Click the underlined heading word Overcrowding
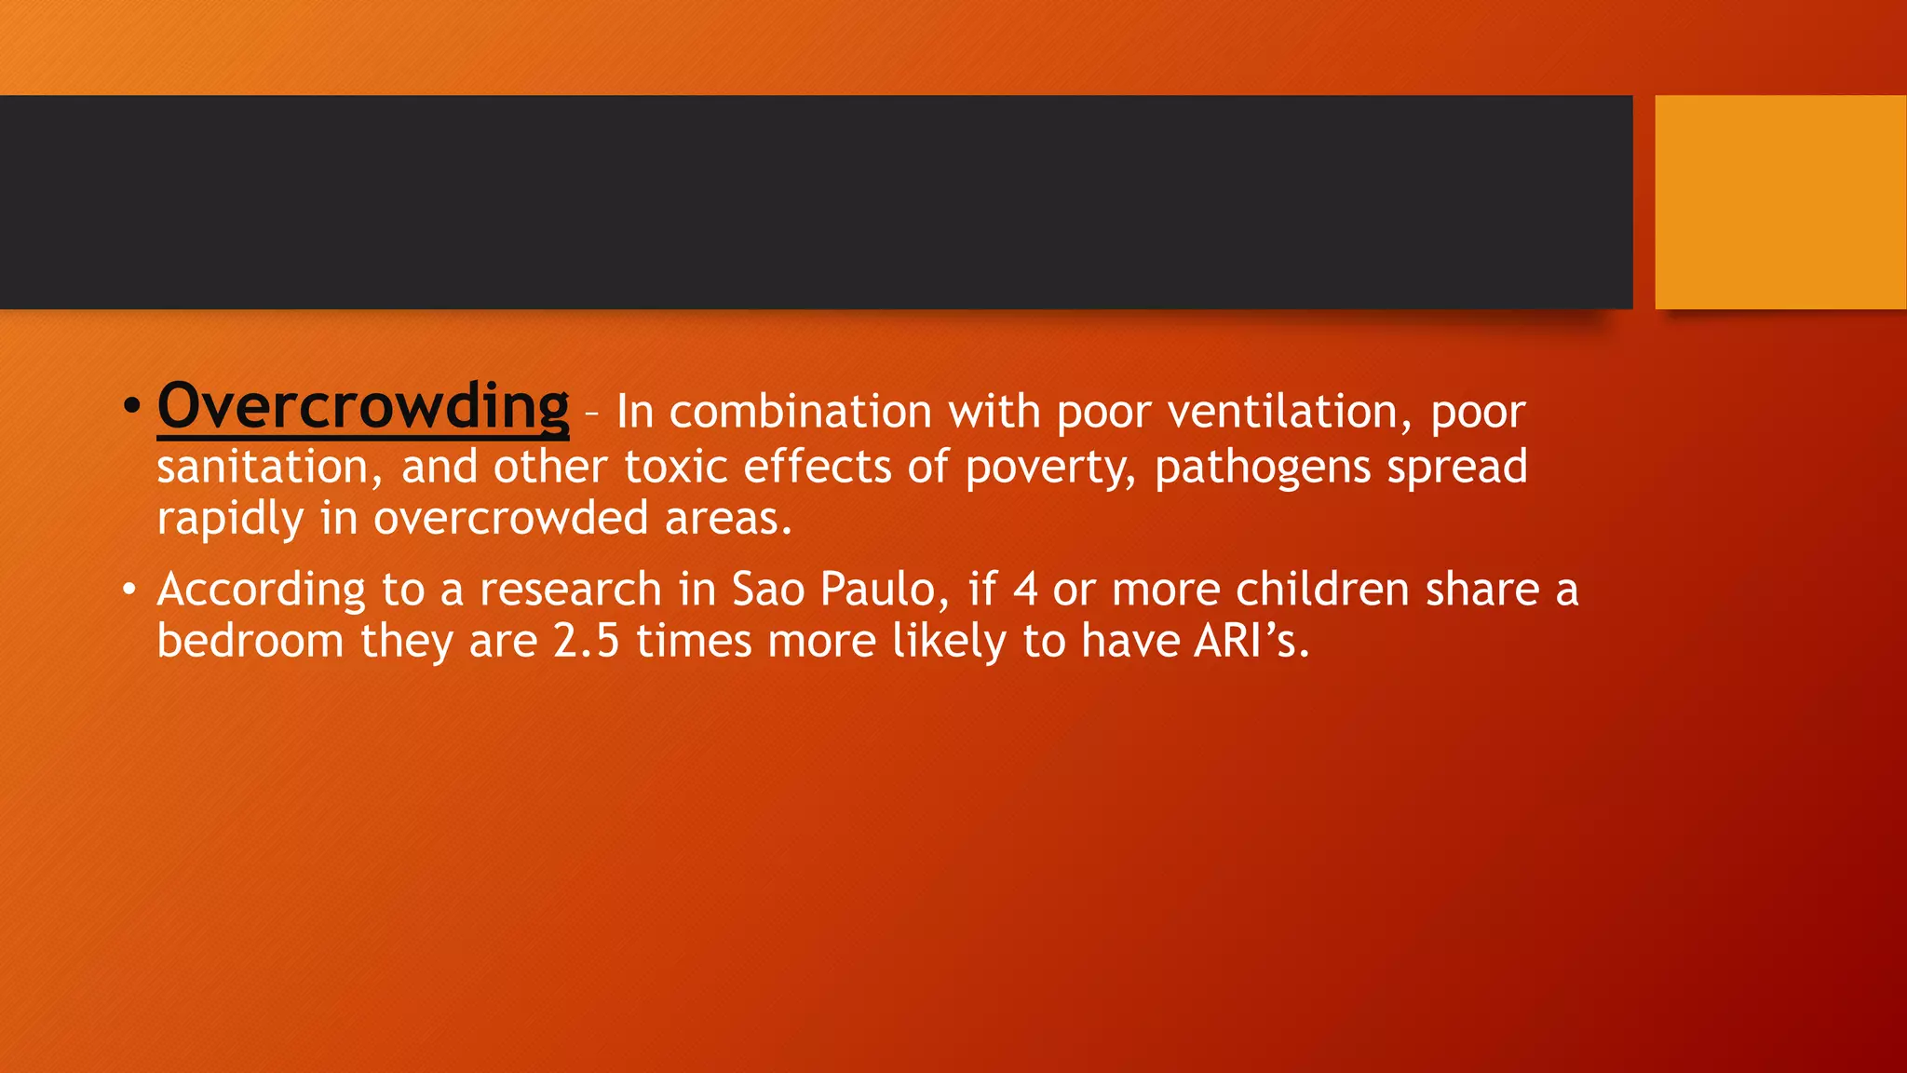[363, 407]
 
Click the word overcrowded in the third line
[510, 519]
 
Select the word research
[570, 590]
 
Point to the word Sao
[768, 590]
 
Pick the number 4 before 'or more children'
[1025, 590]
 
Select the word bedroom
[250, 642]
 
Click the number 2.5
[587, 642]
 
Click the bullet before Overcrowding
[131, 406]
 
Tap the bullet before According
[129, 590]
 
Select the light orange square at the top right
[1779, 202]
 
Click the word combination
[800, 413]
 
